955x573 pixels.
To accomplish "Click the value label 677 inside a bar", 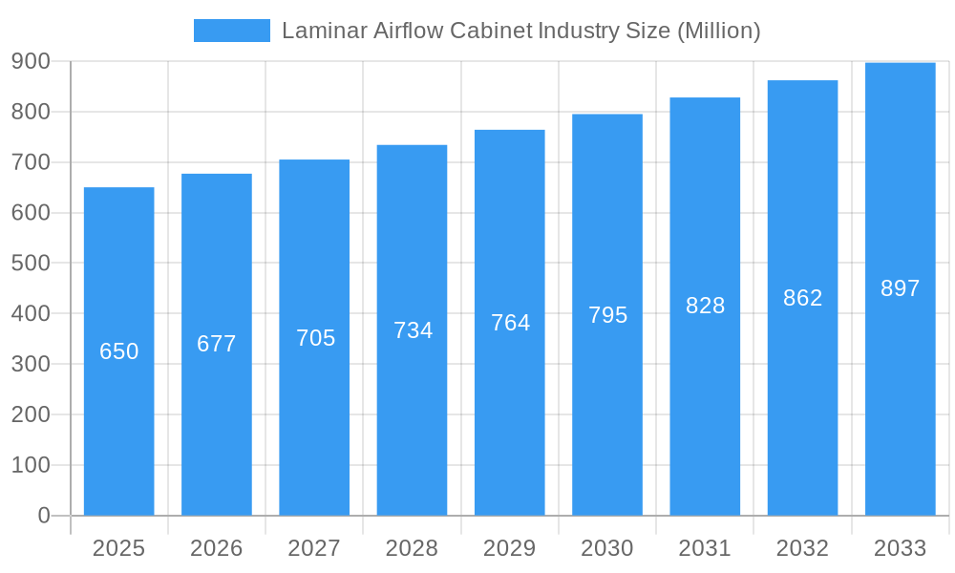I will tap(217, 344).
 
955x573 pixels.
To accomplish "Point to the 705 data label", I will tap(316, 338).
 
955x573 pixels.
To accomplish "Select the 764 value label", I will tap(511, 323).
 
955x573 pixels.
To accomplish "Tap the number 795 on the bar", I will tap(608, 315).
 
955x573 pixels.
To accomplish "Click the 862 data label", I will tap(803, 298).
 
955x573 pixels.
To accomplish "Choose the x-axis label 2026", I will tap(217, 548).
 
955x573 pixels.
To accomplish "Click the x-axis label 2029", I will tap(509, 548).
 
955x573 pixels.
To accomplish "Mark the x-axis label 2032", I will tap(802, 548).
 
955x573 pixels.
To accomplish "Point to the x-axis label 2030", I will tap(607, 548).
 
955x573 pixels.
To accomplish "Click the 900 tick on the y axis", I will tap(31, 61).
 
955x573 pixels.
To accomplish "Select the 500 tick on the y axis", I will tap(31, 263).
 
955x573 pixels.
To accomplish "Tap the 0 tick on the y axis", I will tap(44, 516).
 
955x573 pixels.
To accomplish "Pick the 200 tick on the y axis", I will tap(31, 414).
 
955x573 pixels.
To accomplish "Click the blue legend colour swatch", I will tap(232, 31).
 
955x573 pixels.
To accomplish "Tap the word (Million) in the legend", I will tap(718, 31).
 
